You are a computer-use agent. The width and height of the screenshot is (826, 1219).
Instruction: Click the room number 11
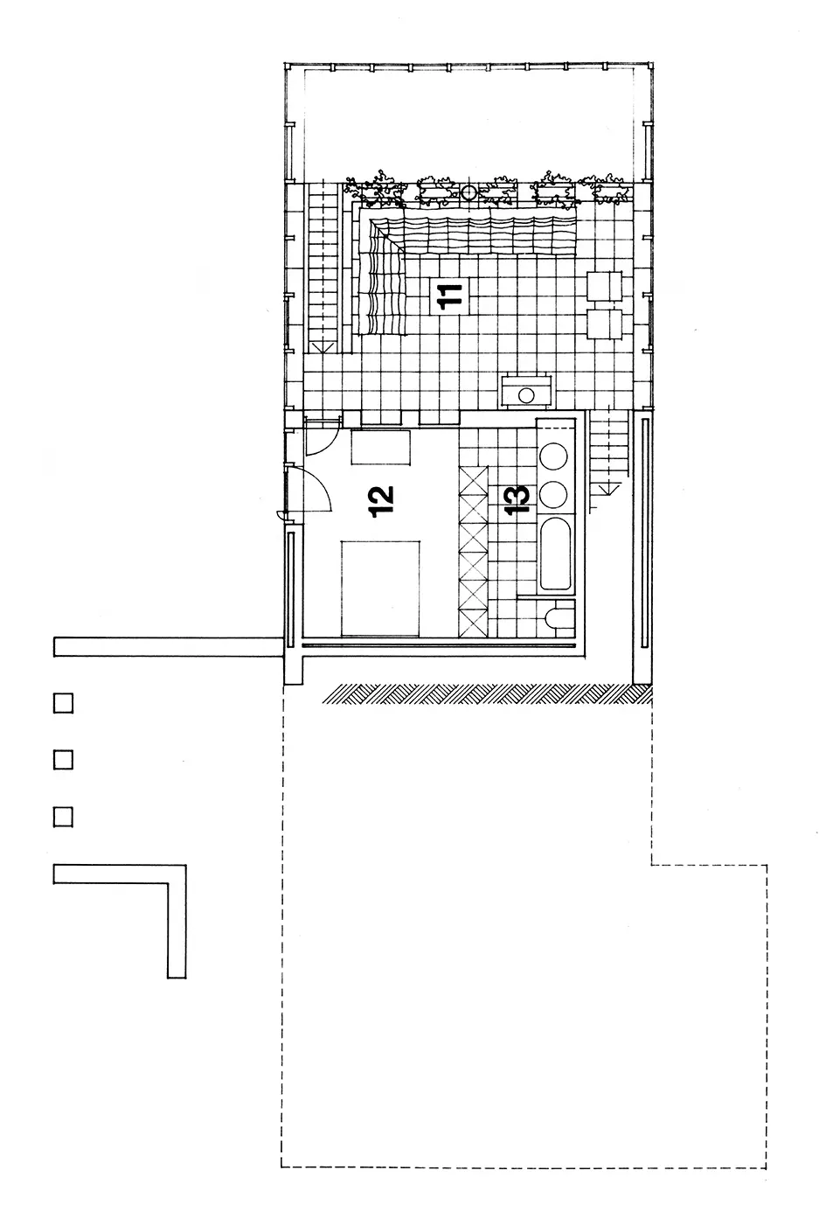(x=449, y=296)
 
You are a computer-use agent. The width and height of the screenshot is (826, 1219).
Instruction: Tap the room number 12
(x=380, y=501)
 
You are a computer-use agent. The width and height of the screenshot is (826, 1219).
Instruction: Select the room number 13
(x=517, y=499)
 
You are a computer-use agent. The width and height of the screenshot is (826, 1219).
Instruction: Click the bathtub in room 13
(x=555, y=553)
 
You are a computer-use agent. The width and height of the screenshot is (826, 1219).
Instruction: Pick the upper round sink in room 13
(x=553, y=456)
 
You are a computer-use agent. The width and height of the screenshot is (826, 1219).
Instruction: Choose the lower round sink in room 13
(x=553, y=494)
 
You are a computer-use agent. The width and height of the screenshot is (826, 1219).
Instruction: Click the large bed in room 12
(x=380, y=589)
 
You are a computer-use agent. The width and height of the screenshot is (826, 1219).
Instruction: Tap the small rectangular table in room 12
(x=380, y=447)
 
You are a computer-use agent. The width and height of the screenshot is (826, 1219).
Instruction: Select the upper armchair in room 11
(x=604, y=286)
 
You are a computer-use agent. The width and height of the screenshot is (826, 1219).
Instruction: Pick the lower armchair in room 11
(x=604, y=324)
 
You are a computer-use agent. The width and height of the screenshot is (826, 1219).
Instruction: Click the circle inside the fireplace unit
(x=526, y=395)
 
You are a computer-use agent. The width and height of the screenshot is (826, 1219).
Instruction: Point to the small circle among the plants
(x=469, y=192)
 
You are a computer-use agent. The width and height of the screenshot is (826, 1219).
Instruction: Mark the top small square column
(x=63, y=703)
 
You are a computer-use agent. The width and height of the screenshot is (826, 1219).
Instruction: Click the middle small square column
(x=63, y=760)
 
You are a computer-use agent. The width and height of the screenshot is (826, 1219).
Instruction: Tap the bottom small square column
(x=63, y=818)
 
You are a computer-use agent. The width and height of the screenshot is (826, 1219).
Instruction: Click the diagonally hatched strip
(x=487, y=693)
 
